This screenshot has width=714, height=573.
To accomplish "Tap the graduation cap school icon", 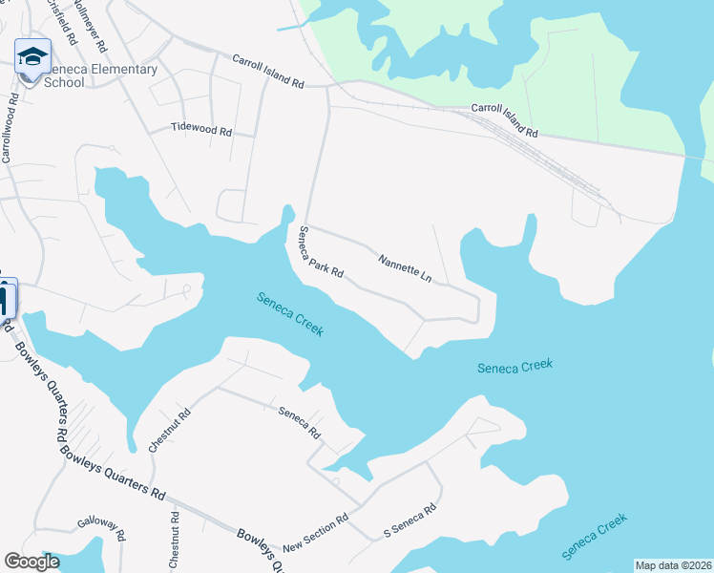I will tap(32, 57).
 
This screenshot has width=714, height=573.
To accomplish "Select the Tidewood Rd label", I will tap(201, 129).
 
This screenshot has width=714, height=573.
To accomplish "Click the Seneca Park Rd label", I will tap(321, 254).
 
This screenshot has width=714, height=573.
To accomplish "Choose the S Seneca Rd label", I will tap(409, 520).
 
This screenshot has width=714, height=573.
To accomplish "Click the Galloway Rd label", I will tap(101, 530).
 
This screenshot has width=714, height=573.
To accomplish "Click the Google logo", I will tap(31, 562).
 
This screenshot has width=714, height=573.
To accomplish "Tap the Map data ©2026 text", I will tap(673, 564).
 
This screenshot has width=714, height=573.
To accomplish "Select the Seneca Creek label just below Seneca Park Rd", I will tap(290, 313).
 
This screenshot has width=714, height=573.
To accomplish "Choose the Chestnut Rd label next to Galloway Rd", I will tap(174, 541).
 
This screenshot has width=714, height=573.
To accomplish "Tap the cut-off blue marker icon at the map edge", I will tap(5, 298).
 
